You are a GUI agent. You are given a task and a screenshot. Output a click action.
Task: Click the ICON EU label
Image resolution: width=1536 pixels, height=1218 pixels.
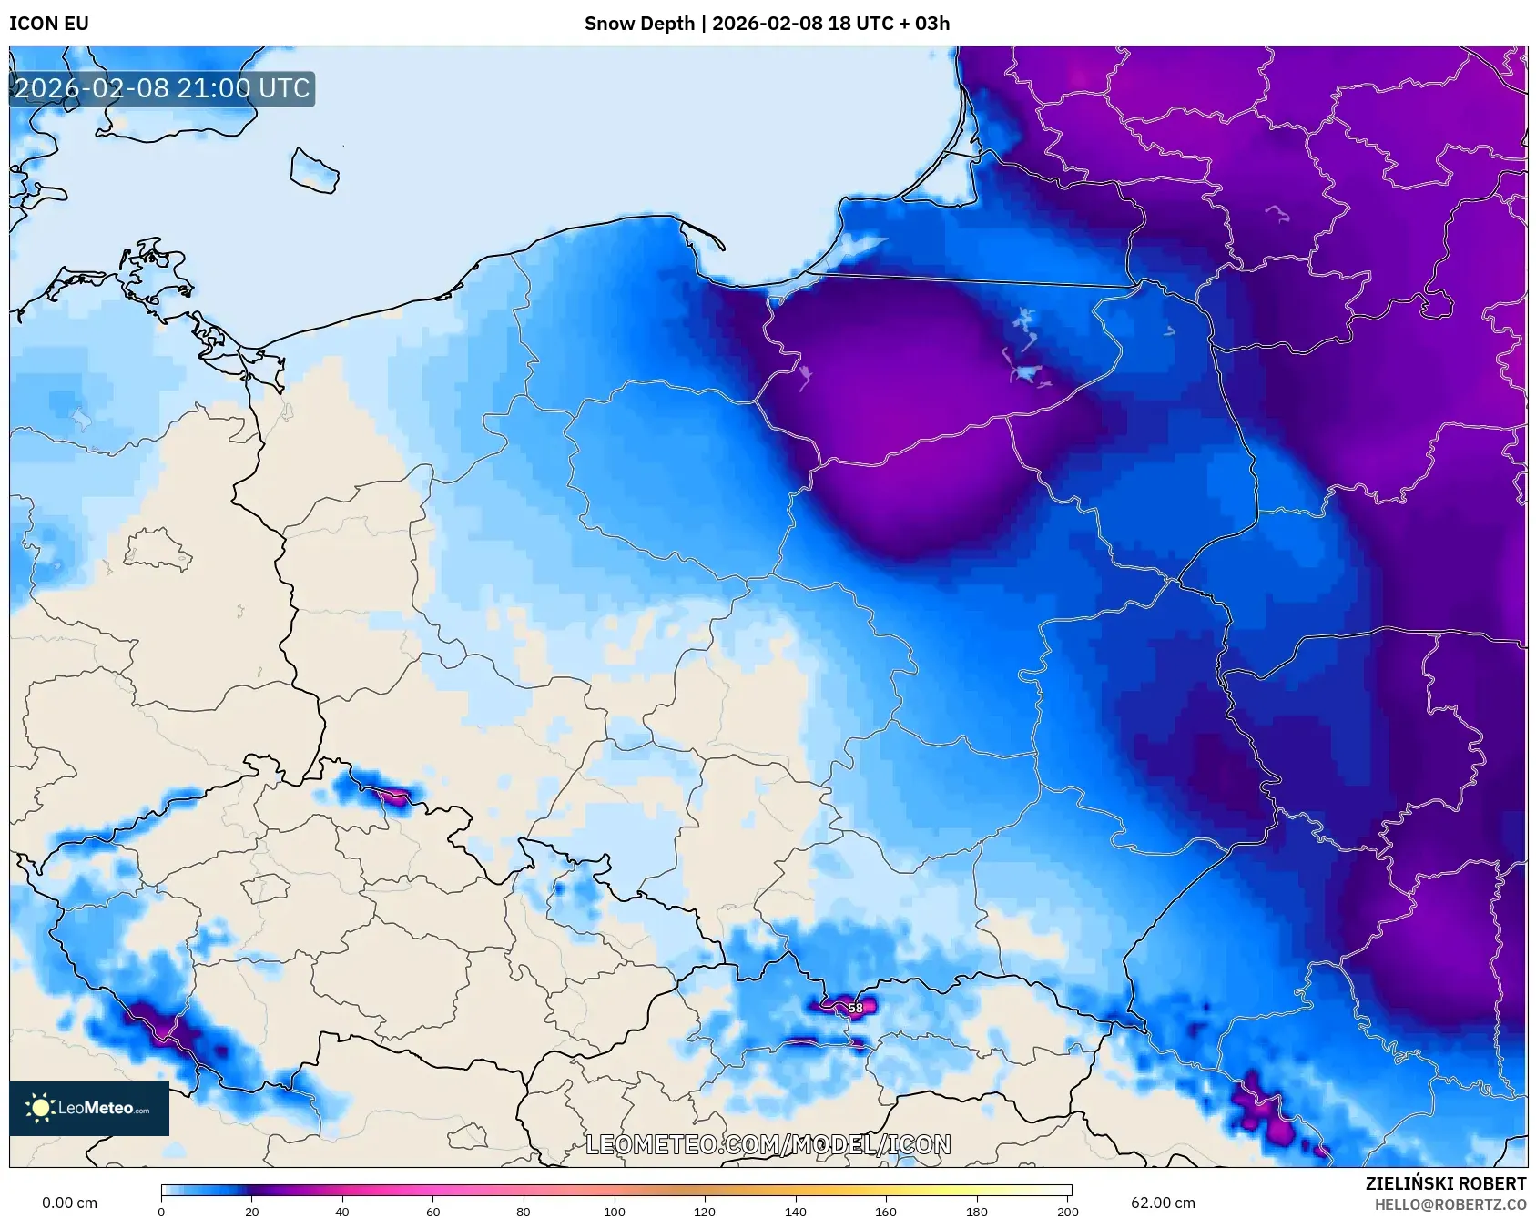(49, 24)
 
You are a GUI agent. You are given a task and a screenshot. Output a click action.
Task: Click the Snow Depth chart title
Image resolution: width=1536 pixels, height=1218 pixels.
(767, 24)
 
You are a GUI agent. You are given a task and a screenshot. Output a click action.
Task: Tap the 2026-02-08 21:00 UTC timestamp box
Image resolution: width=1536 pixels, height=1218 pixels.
(162, 89)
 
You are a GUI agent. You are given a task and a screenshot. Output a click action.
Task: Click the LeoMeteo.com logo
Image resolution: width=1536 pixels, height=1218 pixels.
(89, 1108)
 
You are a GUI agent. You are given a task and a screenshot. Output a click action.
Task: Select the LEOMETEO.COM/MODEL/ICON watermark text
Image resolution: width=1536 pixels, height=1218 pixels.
(768, 1144)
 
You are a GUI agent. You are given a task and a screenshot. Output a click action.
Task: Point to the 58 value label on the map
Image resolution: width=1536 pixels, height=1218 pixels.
(855, 1008)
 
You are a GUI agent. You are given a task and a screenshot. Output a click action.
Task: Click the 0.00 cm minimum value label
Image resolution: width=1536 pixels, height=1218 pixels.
(69, 1203)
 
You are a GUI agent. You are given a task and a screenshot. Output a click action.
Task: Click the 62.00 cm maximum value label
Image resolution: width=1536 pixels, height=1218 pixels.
(1163, 1203)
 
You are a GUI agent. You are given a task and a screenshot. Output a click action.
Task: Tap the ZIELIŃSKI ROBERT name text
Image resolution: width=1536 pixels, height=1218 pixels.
(1445, 1183)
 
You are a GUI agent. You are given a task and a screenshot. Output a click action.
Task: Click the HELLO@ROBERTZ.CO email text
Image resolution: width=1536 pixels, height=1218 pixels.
(1450, 1204)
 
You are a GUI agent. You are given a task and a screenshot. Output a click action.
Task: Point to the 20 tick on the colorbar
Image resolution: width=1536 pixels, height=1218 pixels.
(252, 1212)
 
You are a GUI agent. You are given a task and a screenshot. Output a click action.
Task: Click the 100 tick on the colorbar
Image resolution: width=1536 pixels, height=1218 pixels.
(615, 1212)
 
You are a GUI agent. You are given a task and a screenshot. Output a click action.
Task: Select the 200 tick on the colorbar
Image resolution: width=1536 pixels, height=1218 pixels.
(1067, 1212)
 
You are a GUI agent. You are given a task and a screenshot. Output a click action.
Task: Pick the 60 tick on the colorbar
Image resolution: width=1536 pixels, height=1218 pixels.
(433, 1212)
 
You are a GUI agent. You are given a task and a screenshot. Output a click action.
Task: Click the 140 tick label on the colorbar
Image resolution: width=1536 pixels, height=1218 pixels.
(796, 1212)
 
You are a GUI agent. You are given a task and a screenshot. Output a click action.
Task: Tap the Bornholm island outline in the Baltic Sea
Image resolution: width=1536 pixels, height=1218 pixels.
(314, 170)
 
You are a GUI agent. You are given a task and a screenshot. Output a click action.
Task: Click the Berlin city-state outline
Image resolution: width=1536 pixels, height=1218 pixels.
(157, 550)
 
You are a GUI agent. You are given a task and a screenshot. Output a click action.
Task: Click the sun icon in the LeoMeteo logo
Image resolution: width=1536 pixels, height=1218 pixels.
(39, 1108)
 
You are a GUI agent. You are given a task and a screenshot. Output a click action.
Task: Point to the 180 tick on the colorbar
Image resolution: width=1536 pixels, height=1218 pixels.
(976, 1212)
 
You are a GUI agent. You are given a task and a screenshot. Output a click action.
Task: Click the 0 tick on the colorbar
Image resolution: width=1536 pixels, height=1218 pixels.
(162, 1212)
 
